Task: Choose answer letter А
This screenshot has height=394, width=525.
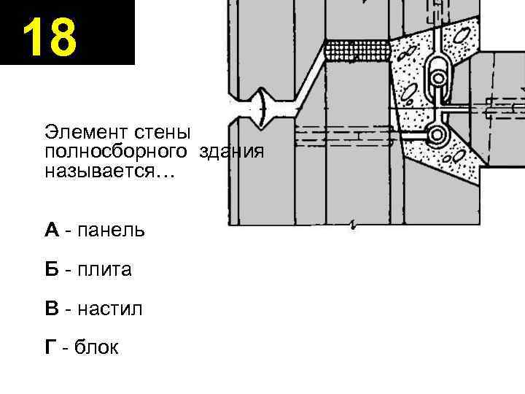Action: (x=51, y=231)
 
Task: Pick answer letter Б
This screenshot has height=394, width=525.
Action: (x=51, y=270)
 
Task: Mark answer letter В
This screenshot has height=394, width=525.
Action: (x=51, y=309)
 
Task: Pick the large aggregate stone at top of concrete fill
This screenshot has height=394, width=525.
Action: (x=462, y=34)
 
